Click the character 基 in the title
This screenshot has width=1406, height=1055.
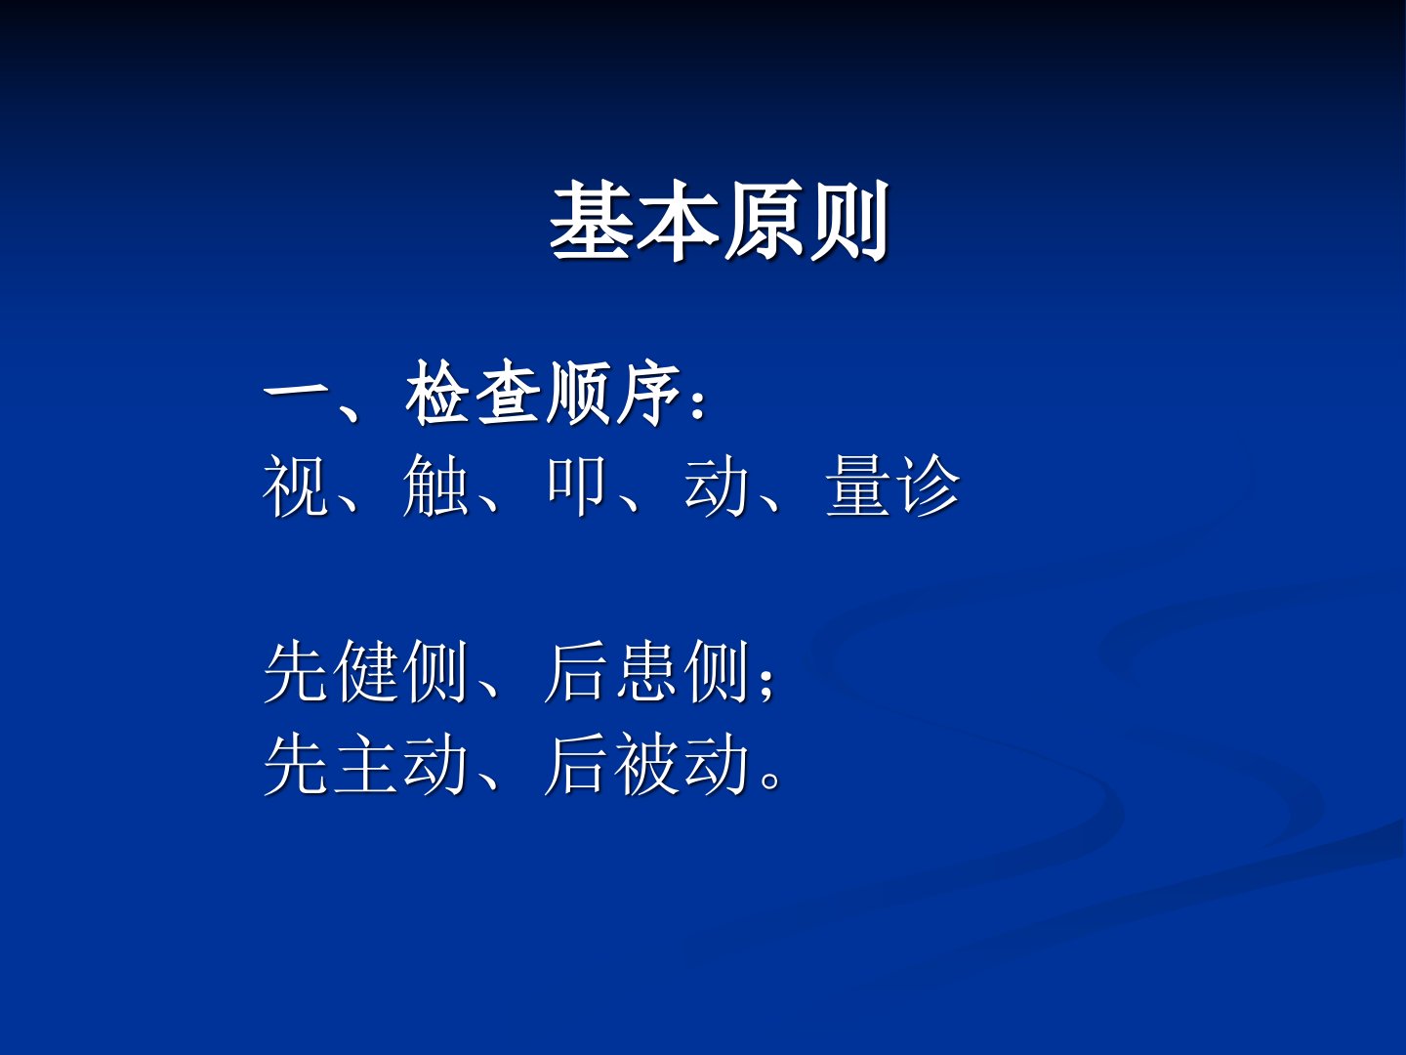click(591, 221)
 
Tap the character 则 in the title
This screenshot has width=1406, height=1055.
click(850, 221)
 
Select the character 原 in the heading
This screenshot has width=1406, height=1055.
click(764, 221)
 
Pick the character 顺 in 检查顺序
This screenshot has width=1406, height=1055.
click(578, 392)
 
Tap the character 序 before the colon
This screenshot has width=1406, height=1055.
click(648, 392)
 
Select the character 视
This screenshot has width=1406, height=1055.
click(296, 485)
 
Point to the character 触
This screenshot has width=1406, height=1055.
click(435, 485)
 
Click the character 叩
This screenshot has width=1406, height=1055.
click(576, 485)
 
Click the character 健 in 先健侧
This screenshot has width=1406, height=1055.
click(366, 671)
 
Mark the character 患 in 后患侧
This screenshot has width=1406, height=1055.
click(647, 671)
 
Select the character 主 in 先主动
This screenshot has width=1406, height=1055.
click(366, 764)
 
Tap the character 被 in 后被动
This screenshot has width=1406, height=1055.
click(647, 764)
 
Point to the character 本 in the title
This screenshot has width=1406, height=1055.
click(678, 221)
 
